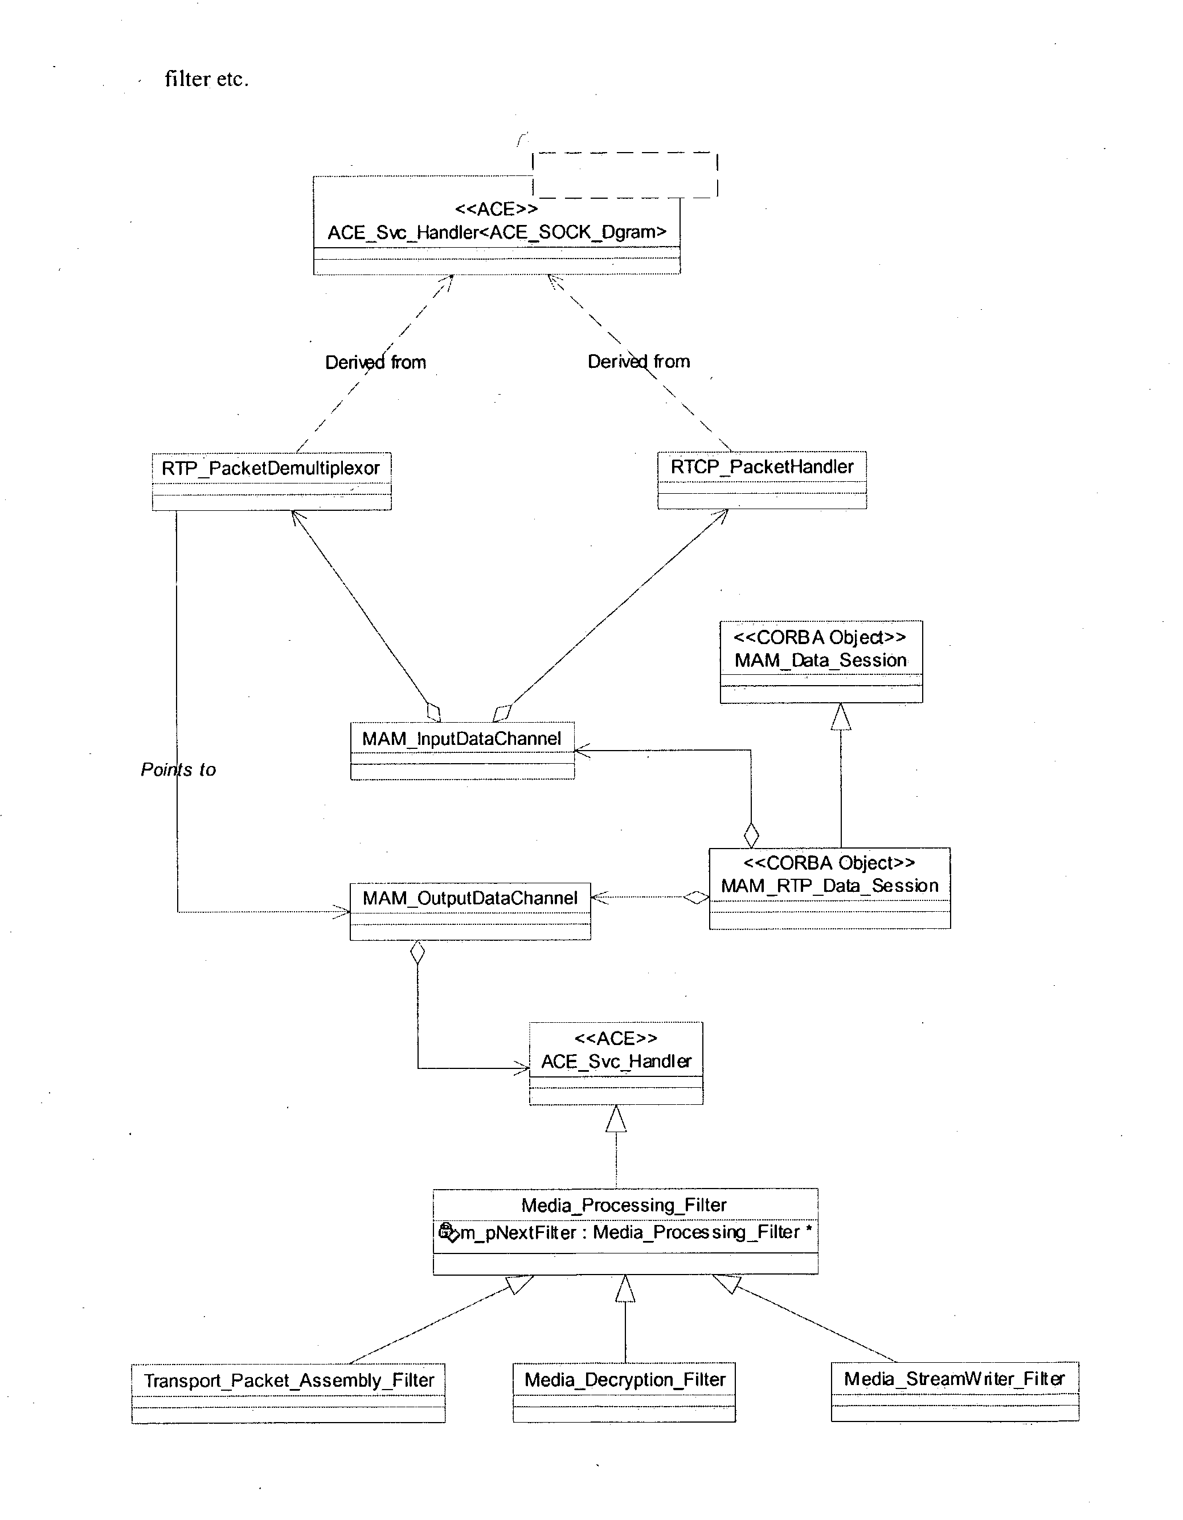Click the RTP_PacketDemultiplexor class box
(271, 481)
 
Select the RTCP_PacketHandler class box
(762, 480)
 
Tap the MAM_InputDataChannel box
(462, 750)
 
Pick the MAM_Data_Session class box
(821, 661)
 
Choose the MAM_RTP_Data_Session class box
(829, 887)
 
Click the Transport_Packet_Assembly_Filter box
(288, 1392)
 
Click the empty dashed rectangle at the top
(625, 175)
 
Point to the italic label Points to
(178, 769)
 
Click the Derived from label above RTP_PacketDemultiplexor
(376, 362)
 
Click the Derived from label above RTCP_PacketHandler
(639, 361)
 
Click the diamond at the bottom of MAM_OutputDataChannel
(417, 952)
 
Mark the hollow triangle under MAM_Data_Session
(841, 717)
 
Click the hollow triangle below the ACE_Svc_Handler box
(616, 1119)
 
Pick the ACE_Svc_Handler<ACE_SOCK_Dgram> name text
(497, 232)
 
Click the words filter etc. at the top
(207, 79)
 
